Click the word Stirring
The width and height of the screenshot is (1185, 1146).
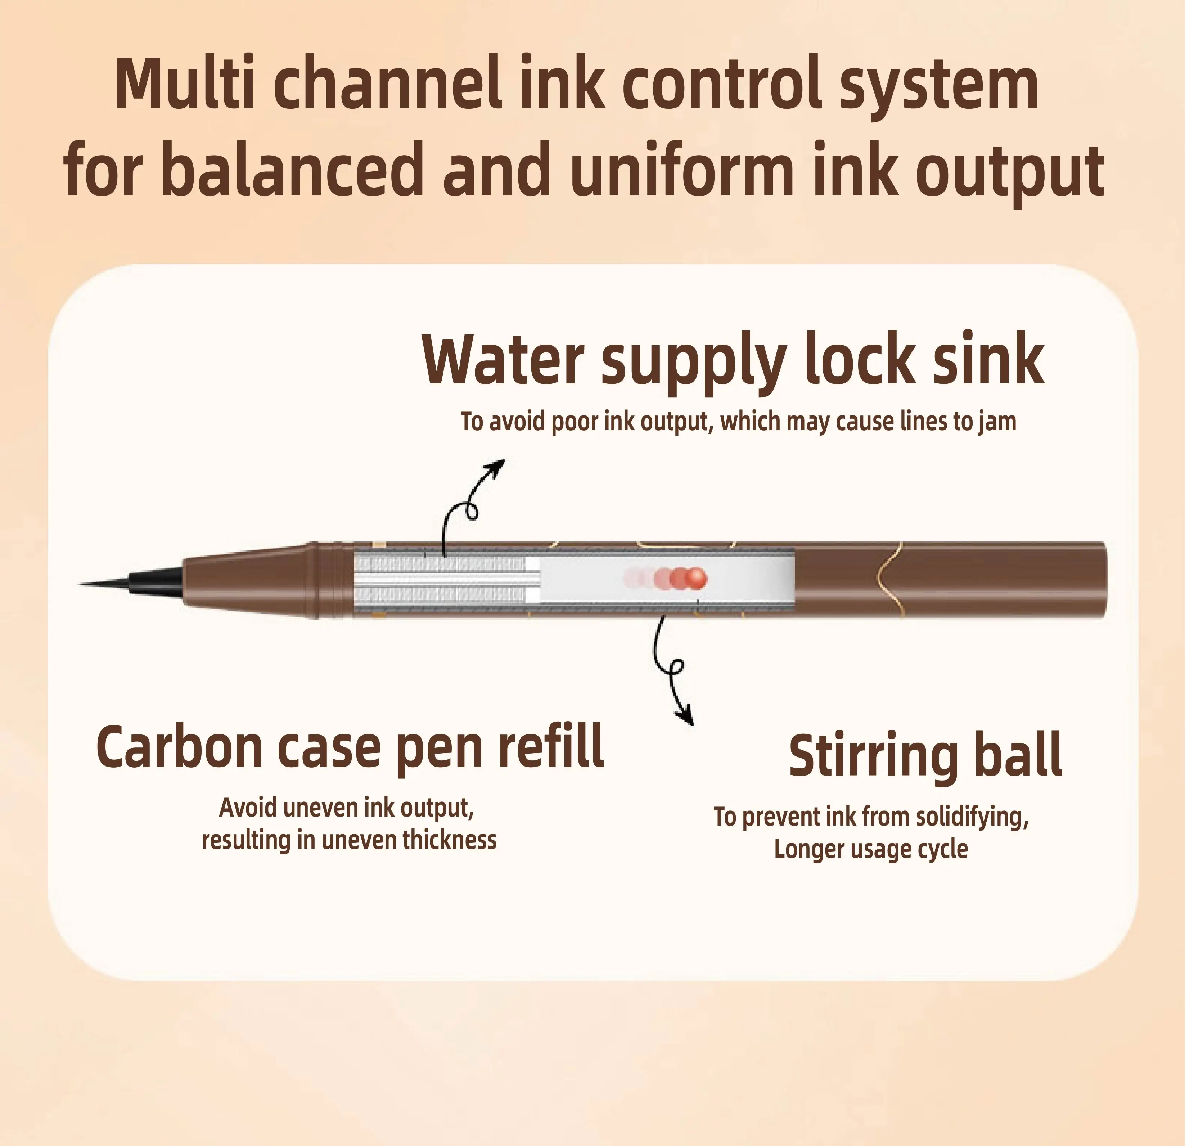coord(874,756)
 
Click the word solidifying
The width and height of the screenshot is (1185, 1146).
coord(971,817)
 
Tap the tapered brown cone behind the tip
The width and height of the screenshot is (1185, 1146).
coord(248,579)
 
